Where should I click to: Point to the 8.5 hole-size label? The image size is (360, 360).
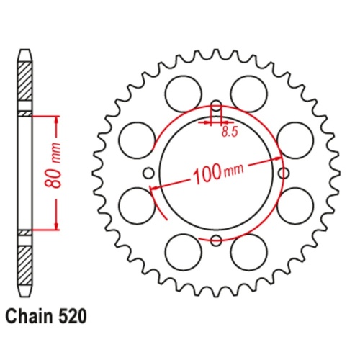click(229, 132)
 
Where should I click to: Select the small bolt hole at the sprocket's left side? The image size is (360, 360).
click(148, 173)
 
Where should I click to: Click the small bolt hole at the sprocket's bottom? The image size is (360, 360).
click(216, 240)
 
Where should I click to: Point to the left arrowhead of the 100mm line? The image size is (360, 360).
click(153, 187)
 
